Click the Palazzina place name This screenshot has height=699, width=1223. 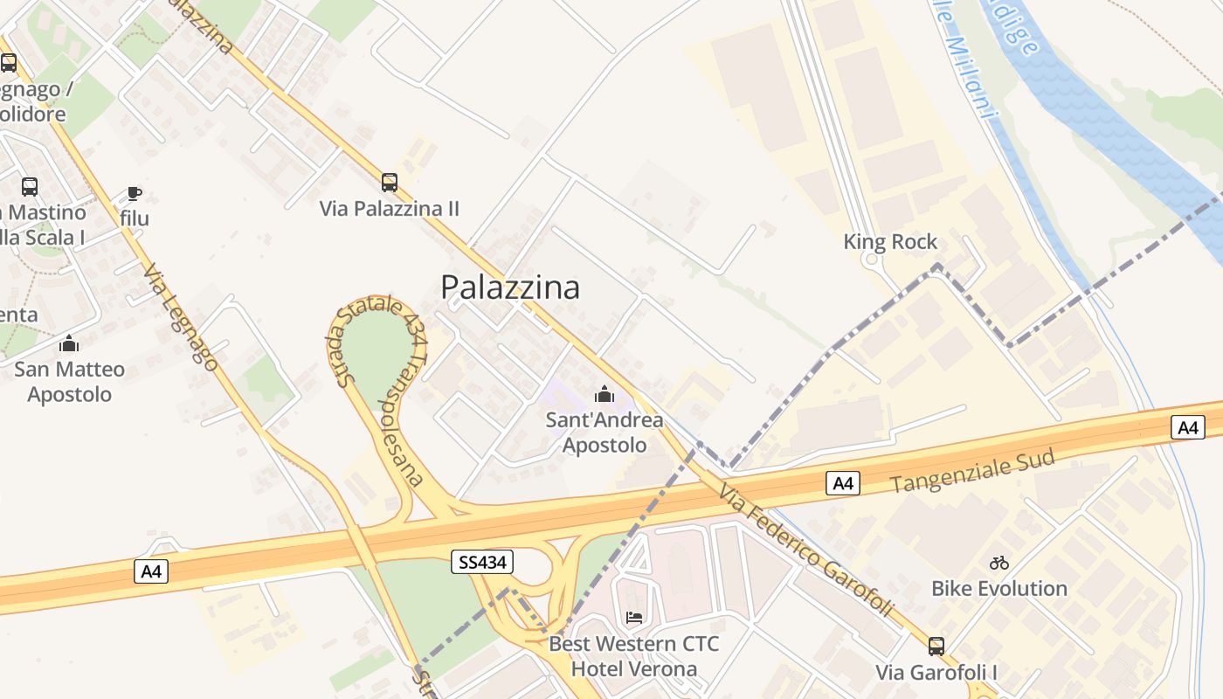tap(509, 287)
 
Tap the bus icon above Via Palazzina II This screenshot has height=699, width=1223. tap(390, 183)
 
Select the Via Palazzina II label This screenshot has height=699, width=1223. tap(389, 209)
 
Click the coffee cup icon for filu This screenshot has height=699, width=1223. tap(134, 193)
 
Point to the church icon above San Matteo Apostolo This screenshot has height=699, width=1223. tap(69, 343)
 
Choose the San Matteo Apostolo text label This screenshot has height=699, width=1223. tap(69, 382)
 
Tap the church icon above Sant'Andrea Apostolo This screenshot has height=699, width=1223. tap(604, 394)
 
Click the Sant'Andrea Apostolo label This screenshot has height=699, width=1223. tap(604, 433)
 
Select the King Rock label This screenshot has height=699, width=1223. tap(890, 242)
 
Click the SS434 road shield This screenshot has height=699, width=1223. tap(482, 562)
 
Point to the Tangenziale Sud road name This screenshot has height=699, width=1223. tap(973, 472)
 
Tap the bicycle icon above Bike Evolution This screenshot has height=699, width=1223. tap(999, 563)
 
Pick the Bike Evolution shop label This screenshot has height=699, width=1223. tap(999, 588)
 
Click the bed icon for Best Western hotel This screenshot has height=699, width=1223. tap(634, 618)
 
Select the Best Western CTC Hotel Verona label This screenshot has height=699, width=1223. tap(634, 656)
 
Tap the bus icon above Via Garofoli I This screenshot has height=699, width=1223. tap(936, 647)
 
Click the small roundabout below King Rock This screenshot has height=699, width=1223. tap(869, 260)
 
